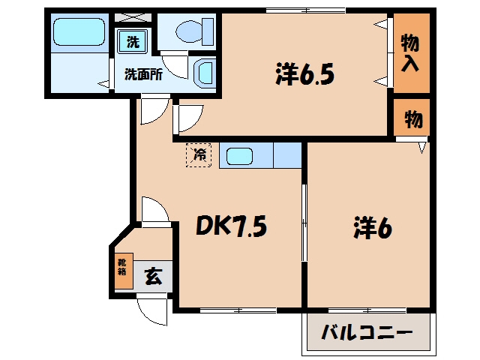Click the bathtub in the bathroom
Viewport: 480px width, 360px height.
point(79,31)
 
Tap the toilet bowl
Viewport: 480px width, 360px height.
point(189,31)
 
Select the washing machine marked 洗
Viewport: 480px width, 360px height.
point(133,42)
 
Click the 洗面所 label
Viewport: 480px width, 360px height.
point(143,74)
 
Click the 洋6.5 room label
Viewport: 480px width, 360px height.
point(305,73)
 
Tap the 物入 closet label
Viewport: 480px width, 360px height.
point(410,52)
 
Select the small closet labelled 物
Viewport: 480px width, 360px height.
point(412,117)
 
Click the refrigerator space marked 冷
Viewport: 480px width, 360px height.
point(199,155)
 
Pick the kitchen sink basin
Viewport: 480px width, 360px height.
point(239,156)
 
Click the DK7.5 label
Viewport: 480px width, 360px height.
point(231,226)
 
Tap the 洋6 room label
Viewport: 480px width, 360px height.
point(372,227)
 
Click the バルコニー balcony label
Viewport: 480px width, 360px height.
point(367,332)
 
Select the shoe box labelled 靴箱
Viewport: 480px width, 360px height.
point(124,271)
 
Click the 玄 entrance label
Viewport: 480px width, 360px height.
point(153,277)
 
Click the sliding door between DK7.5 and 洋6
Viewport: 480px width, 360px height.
point(304,223)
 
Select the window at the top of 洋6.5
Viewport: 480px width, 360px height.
point(305,10)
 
